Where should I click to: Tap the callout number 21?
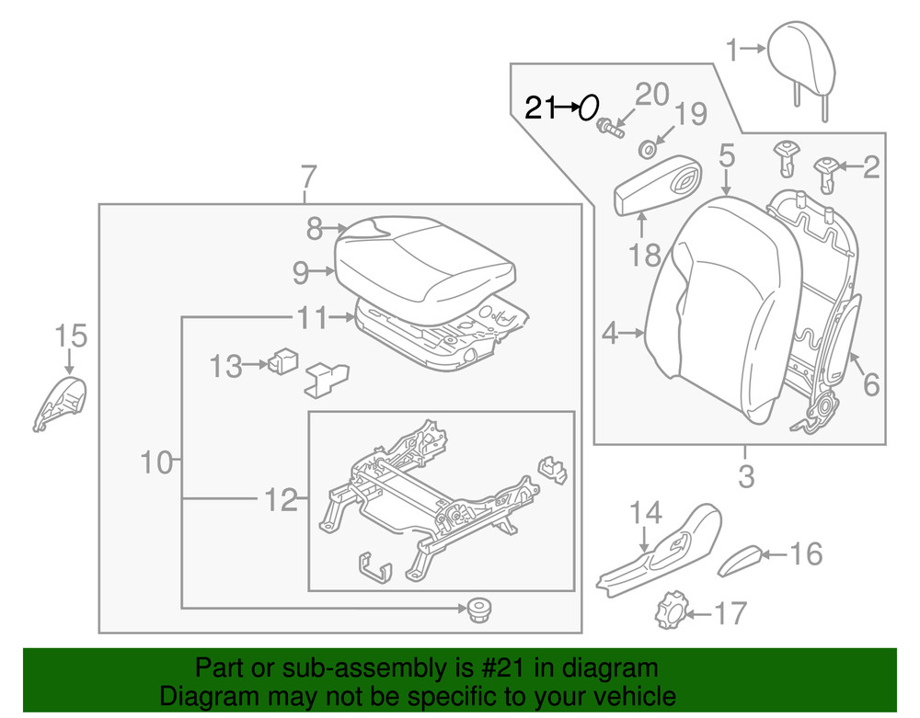[540, 108]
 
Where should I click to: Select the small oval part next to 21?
[589, 108]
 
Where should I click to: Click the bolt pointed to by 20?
[608, 128]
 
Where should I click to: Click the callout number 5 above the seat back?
[727, 156]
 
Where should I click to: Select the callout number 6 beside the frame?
[869, 383]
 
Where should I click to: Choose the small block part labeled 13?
[284, 361]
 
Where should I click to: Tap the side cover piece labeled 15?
[62, 402]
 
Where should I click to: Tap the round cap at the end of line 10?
[476, 608]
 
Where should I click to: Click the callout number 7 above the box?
[308, 175]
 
